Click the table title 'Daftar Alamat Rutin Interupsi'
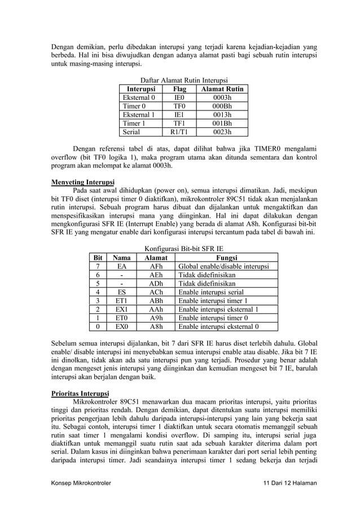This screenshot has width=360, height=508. pyautogui.click(x=179, y=81)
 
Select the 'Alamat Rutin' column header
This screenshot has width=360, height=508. pyautogui.click(x=222, y=89)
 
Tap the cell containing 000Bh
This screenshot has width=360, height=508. pyautogui.click(x=222, y=105)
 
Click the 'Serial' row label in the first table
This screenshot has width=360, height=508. pyautogui.click(x=131, y=132)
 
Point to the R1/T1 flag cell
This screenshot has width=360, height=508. pyautogui.click(x=179, y=132)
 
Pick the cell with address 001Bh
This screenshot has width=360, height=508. pyautogui.click(x=222, y=123)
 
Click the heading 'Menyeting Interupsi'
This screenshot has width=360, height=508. pyautogui.click(x=82, y=183)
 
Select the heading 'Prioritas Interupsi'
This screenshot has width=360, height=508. pyautogui.click(x=81, y=393)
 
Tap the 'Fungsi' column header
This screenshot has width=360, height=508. pyautogui.click(x=223, y=257)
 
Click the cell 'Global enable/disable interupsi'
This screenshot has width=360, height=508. pyautogui.click(x=223, y=266)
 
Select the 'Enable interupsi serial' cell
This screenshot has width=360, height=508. pyautogui.click(x=211, y=293)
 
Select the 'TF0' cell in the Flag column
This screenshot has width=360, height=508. pyautogui.click(x=179, y=105)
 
